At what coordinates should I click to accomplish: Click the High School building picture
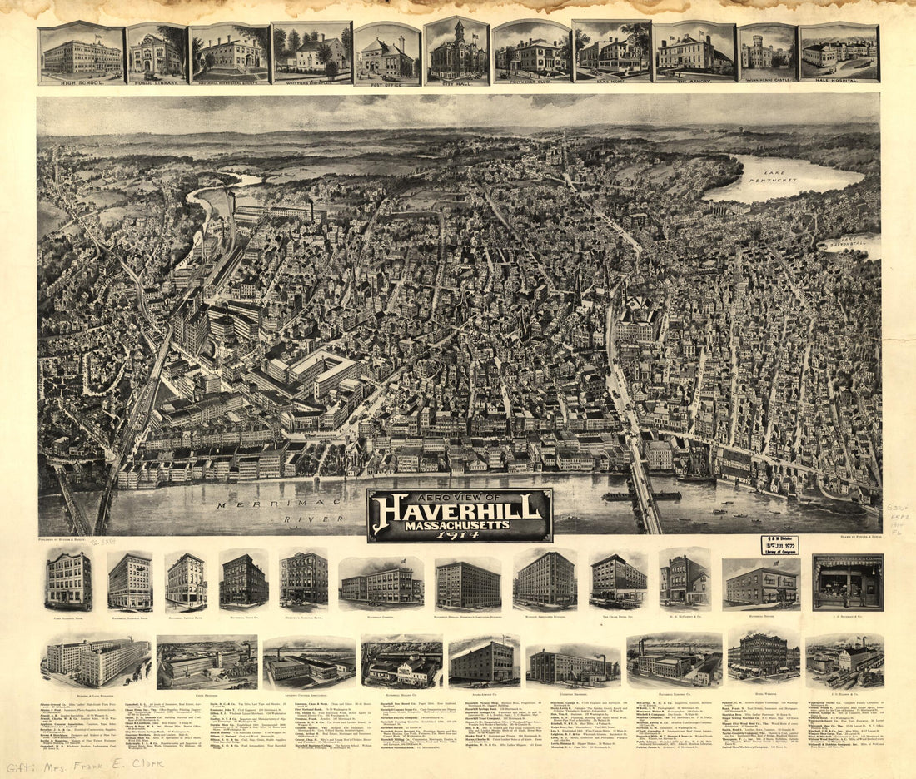81,52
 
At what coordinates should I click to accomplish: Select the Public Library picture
156,52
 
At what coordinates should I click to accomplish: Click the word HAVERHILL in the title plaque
460,512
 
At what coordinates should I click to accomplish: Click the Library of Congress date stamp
779,545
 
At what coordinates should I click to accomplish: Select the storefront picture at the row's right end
848,582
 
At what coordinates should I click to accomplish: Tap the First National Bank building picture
68,581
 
